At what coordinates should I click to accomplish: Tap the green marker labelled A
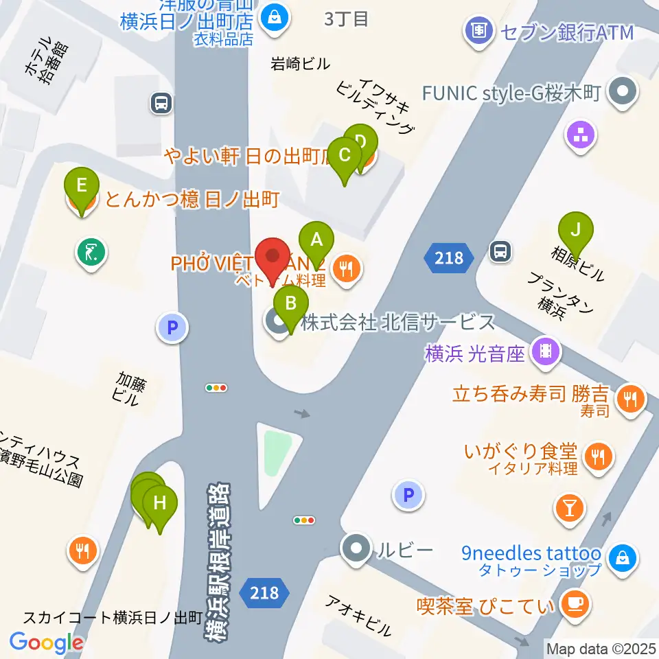point(316,240)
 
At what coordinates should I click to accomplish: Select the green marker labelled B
point(291,303)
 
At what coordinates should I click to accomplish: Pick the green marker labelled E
point(82,186)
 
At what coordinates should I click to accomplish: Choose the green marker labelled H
point(160,503)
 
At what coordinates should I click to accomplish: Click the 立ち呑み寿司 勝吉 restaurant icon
point(629,397)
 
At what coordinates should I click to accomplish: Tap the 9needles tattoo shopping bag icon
point(621,557)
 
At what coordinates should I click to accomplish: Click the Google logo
point(46,642)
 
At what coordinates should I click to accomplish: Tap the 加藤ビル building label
point(128,388)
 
